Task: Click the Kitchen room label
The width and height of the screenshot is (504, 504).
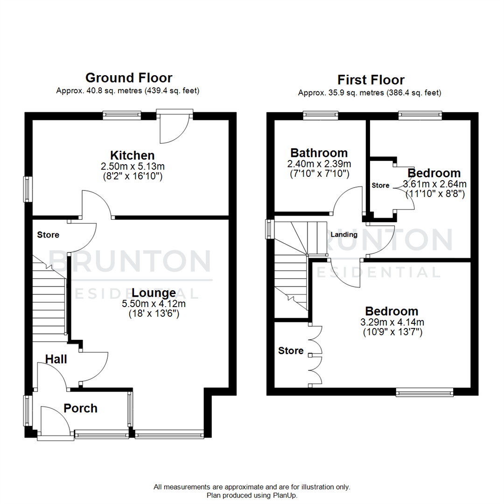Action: pyautogui.click(x=132, y=155)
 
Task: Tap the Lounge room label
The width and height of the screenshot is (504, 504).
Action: pyautogui.click(x=154, y=293)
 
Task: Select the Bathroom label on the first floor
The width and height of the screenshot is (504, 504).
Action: pyautogui.click(x=319, y=153)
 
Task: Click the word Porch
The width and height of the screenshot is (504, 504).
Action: pyautogui.click(x=81, y=408)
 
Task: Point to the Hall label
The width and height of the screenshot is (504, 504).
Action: pyautogui.click(x=56, y=359)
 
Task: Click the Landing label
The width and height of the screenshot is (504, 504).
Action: pyautogui.click(x=344, y=235)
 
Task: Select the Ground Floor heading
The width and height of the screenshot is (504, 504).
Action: pyautogui.click(x=128, y=77)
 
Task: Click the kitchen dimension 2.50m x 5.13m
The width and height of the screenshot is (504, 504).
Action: pyautogui.click(x=132, y=166)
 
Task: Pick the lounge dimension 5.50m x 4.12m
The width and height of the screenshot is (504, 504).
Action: pyautogui.click(x=154, y=304)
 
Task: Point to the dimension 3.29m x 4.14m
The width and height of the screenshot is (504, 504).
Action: pyautogui.click(x=392, y=322)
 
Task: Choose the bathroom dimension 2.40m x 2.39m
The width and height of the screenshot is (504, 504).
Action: pyautogui.click(x=320, y=164)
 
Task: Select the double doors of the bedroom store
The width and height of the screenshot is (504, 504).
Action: pyautogui.click(x=315, y=355)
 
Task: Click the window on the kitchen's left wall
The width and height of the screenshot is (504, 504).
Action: pyautogui.click(x=28, y=189)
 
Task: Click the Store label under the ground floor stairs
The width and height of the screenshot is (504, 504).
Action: pyautogui.click(x=48, y=235)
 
